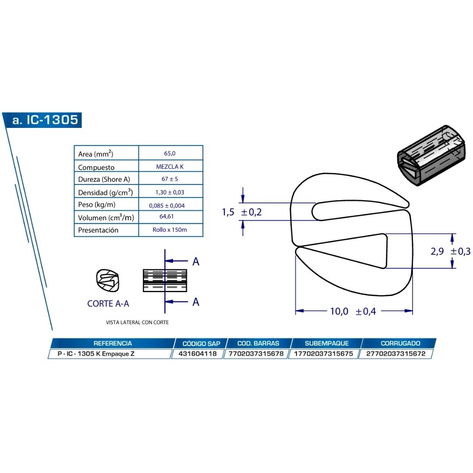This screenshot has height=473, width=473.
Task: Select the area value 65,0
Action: coord(169,153)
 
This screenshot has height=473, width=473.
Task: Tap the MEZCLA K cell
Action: coord(169,166)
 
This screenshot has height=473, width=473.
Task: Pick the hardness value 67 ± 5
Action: coord(169,179)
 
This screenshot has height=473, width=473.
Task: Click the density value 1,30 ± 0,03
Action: coord(169,192)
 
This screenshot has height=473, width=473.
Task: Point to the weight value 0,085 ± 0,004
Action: coord(166,205)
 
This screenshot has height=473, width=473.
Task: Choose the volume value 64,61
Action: coord(166,216)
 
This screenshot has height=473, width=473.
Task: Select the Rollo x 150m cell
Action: coord(169,229)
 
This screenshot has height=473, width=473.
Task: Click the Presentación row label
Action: coord(98,230)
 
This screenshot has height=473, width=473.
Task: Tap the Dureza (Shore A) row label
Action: coord(104,179)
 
